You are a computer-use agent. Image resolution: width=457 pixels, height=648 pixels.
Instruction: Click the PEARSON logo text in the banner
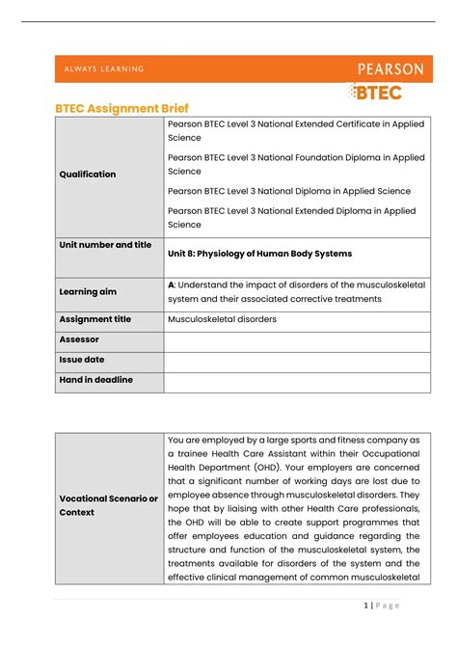coord(390,69)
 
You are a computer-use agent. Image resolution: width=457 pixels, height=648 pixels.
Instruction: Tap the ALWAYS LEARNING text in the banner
coord(105,69)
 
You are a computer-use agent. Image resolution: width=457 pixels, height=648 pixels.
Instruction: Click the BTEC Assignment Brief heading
coord(121,111)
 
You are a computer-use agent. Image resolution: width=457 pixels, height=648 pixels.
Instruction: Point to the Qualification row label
coord(88,175)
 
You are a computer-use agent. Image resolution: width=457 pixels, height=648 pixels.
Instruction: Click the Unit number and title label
coord(105,245)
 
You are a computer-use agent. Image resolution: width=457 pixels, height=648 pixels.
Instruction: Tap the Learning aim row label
coord(93,291)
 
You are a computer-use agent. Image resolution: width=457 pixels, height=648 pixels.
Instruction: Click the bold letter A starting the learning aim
coord(171,284)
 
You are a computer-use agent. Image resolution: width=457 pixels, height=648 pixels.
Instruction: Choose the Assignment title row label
coord(96,319)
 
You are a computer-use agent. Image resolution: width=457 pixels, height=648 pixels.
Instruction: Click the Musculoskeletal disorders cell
coord(221,319)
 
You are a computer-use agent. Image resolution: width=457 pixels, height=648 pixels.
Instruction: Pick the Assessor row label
coord(79,339)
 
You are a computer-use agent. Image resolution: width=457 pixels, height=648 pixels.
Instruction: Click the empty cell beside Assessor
coord(297,340)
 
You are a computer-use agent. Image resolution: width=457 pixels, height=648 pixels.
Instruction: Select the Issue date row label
coord(82,360)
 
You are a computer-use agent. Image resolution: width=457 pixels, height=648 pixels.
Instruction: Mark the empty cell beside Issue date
coord(297,361)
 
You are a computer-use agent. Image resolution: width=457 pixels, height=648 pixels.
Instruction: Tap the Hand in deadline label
coord(96,380)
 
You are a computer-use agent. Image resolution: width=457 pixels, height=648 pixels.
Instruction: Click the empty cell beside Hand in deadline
coord(297,382)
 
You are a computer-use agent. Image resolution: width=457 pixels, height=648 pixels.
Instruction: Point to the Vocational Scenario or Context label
coord(108,505)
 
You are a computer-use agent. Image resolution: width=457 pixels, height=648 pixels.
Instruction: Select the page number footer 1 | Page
coord(382,605)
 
